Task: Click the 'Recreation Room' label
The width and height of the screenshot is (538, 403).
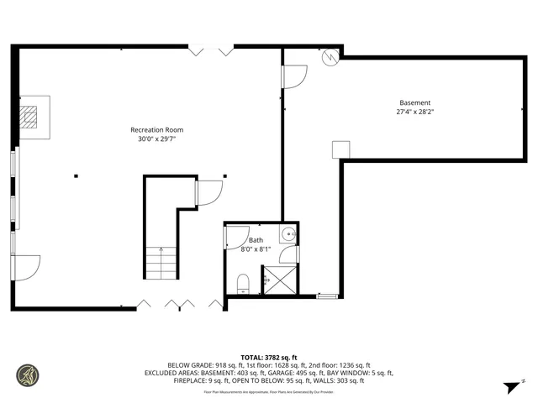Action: (x=156, y=129)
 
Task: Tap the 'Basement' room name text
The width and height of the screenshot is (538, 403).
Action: (x=414, y=102)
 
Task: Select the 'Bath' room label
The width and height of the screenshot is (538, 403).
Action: (x=256, y=240)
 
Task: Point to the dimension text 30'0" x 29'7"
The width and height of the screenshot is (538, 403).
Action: (x=156, y=139)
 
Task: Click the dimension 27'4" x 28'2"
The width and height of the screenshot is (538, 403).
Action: (x=414, y=112)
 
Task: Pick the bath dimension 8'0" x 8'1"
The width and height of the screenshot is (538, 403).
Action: (x=256, y=249)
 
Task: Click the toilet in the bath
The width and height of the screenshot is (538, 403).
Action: (x=242, y=282)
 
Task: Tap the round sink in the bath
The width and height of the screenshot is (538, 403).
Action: (x=287, y=234)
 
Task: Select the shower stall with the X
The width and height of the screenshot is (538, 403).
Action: (x=280, y=280)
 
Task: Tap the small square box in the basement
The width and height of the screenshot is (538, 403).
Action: (x=340, y=149)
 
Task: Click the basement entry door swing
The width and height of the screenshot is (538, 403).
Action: (x=294, y=76)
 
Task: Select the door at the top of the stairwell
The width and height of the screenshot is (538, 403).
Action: (x=208, y=193)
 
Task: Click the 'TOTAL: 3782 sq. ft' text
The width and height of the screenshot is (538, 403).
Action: (x=268, y=356)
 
